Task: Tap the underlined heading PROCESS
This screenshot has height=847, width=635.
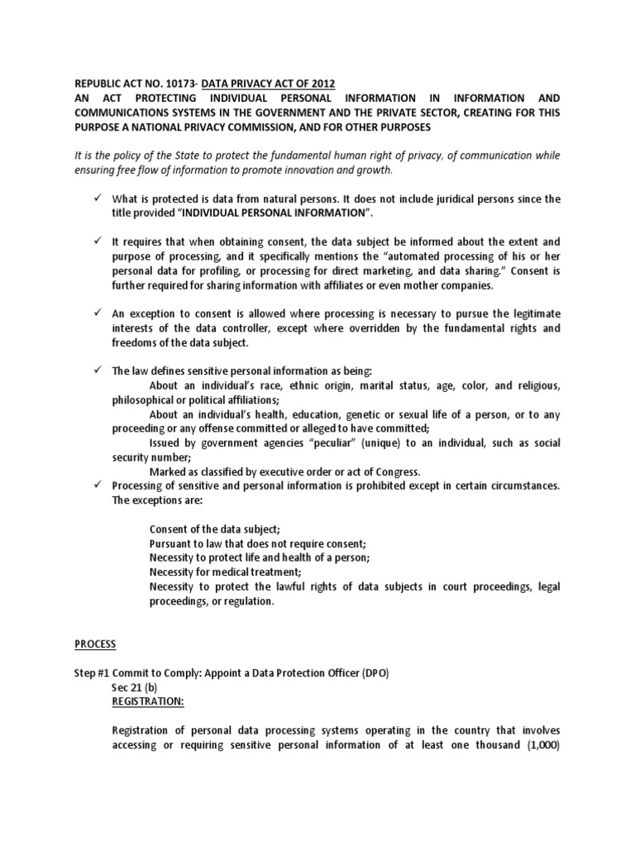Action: point(95,644)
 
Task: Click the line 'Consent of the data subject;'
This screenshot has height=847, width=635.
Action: point(215,529)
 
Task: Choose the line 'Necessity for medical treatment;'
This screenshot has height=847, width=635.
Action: point(225,572)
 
